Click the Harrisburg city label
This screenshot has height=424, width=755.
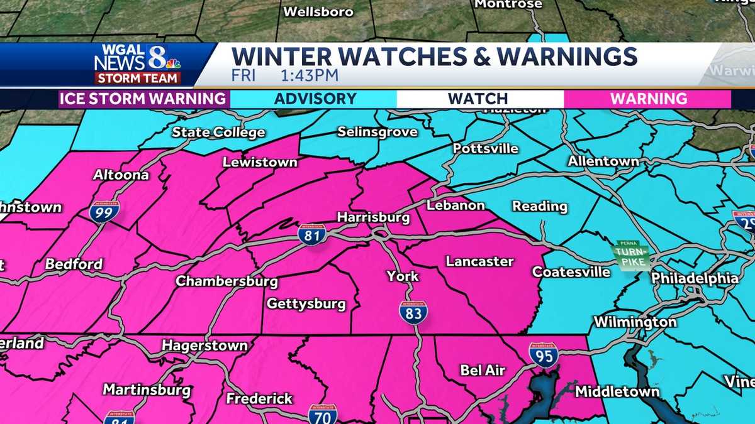pyautogui.click(x=373, y=217)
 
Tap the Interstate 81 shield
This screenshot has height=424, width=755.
pyautogui.click(x=312, y=234)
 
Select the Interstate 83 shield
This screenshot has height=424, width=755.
pyautogui.click(x=413, y=312)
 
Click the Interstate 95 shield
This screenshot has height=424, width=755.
pyautogui.click(x=543, y=355)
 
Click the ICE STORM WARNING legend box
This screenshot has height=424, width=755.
pyautogui.click(x=144, y=99)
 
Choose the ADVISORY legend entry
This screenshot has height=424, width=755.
pyautogui.click(x=315, y=99)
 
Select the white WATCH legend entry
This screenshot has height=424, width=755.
pyautogui.click(x=478, y=99)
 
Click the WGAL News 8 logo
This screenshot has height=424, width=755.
pyautogui.click(x=137, y=64)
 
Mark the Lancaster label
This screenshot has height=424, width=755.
pyautogui.click(x=479, y=261)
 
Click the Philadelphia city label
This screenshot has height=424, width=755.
pyautogui.click(x=694, y=278)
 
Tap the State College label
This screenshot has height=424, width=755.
pyautogui.click(x=218, y=132)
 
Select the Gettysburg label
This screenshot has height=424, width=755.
pyautogui.click(x=306, y=304)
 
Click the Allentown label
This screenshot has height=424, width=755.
pyautogui.click(x=603, y=161)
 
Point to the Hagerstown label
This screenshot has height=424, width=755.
pyautogui.click(x=204, y=345)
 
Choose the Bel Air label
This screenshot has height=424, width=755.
pyautogui.click(x=483, y=370)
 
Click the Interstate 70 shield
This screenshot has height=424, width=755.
pyautogui.click(x=322, y=415)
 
